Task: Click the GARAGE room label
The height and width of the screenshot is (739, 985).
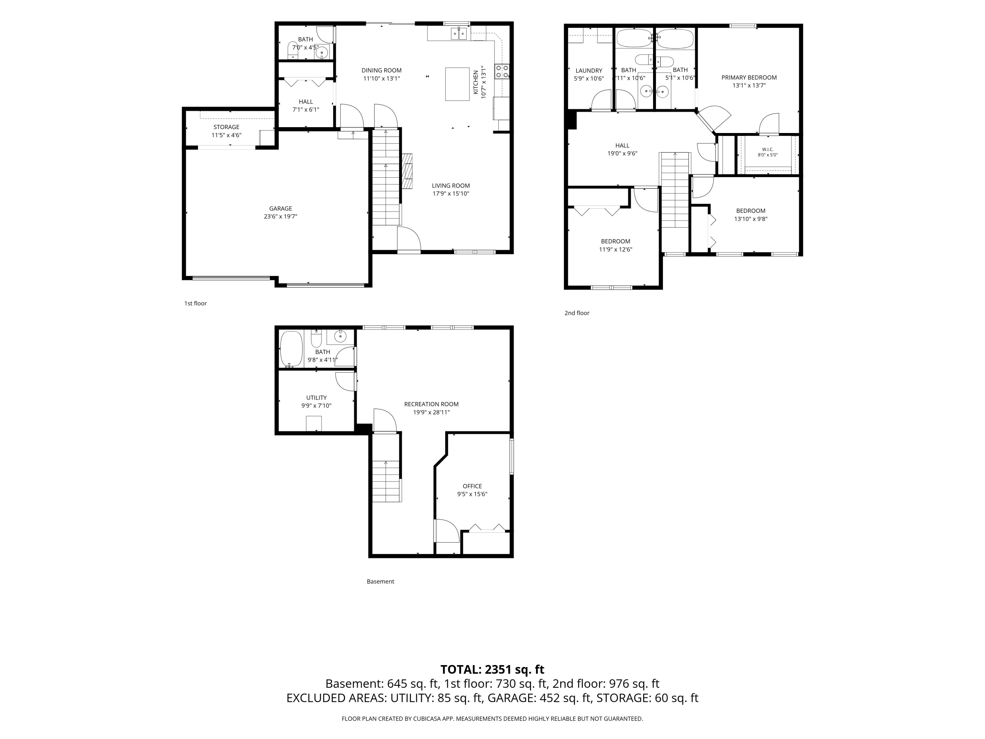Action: tap(280, 209)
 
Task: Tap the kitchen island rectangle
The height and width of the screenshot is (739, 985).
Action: tap(457, 84)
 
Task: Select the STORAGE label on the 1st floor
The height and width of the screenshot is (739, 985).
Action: tap(226, 127)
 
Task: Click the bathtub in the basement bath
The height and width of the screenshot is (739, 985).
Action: tap(291, 349)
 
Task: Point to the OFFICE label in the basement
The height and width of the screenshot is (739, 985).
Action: tap(472, 486)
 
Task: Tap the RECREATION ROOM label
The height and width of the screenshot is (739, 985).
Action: tap(431, 404)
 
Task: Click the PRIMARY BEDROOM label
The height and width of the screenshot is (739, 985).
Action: tap(749, 78)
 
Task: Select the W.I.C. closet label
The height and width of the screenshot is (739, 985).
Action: tap(768, 149)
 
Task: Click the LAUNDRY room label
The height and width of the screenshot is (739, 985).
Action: tap(589, 70)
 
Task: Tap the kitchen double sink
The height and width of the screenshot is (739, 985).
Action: tap(459, 34)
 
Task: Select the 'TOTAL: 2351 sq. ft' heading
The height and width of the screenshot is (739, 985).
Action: tap(492, 669)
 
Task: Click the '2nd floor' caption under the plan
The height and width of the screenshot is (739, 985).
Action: tap(577, 313)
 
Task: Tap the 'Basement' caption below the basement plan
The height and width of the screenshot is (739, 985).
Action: tap(380, 581)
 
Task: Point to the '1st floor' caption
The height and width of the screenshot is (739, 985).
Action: tap(195, 303)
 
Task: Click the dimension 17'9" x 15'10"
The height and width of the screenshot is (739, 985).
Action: tap(451, 194)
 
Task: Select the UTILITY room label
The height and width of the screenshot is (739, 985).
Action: tap(316, 398)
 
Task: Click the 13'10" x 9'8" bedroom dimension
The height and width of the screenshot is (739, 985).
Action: tap(751, 219)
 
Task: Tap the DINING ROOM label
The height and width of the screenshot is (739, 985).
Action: tap(381, 70)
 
